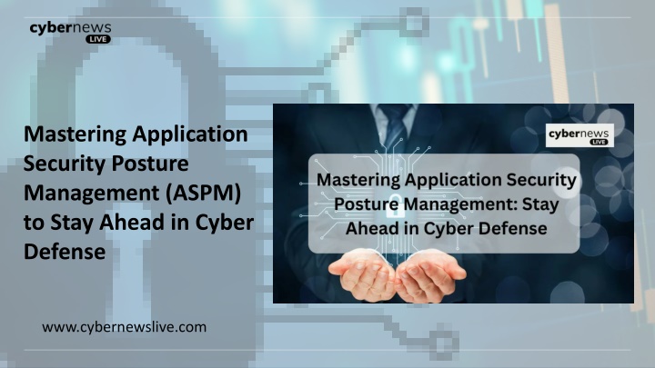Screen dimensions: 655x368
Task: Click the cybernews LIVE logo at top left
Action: [x=70, y=32]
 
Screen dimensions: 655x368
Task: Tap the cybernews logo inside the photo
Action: [x=579, y=135]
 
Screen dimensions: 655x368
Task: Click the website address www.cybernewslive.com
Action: [x=124, y=327]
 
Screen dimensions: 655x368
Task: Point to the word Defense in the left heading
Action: [x=65, y=252]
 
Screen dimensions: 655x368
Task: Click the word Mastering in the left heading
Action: [x=76, y=134]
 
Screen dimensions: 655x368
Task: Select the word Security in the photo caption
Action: [x=541, y=180]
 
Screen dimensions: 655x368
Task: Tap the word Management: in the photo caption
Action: [x=460, y=204]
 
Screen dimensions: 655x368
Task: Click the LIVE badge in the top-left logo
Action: [x=98, y=39]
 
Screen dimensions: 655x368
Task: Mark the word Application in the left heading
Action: [x=190, y=135]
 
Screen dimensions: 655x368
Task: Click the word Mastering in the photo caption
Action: [x=358, y=180]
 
